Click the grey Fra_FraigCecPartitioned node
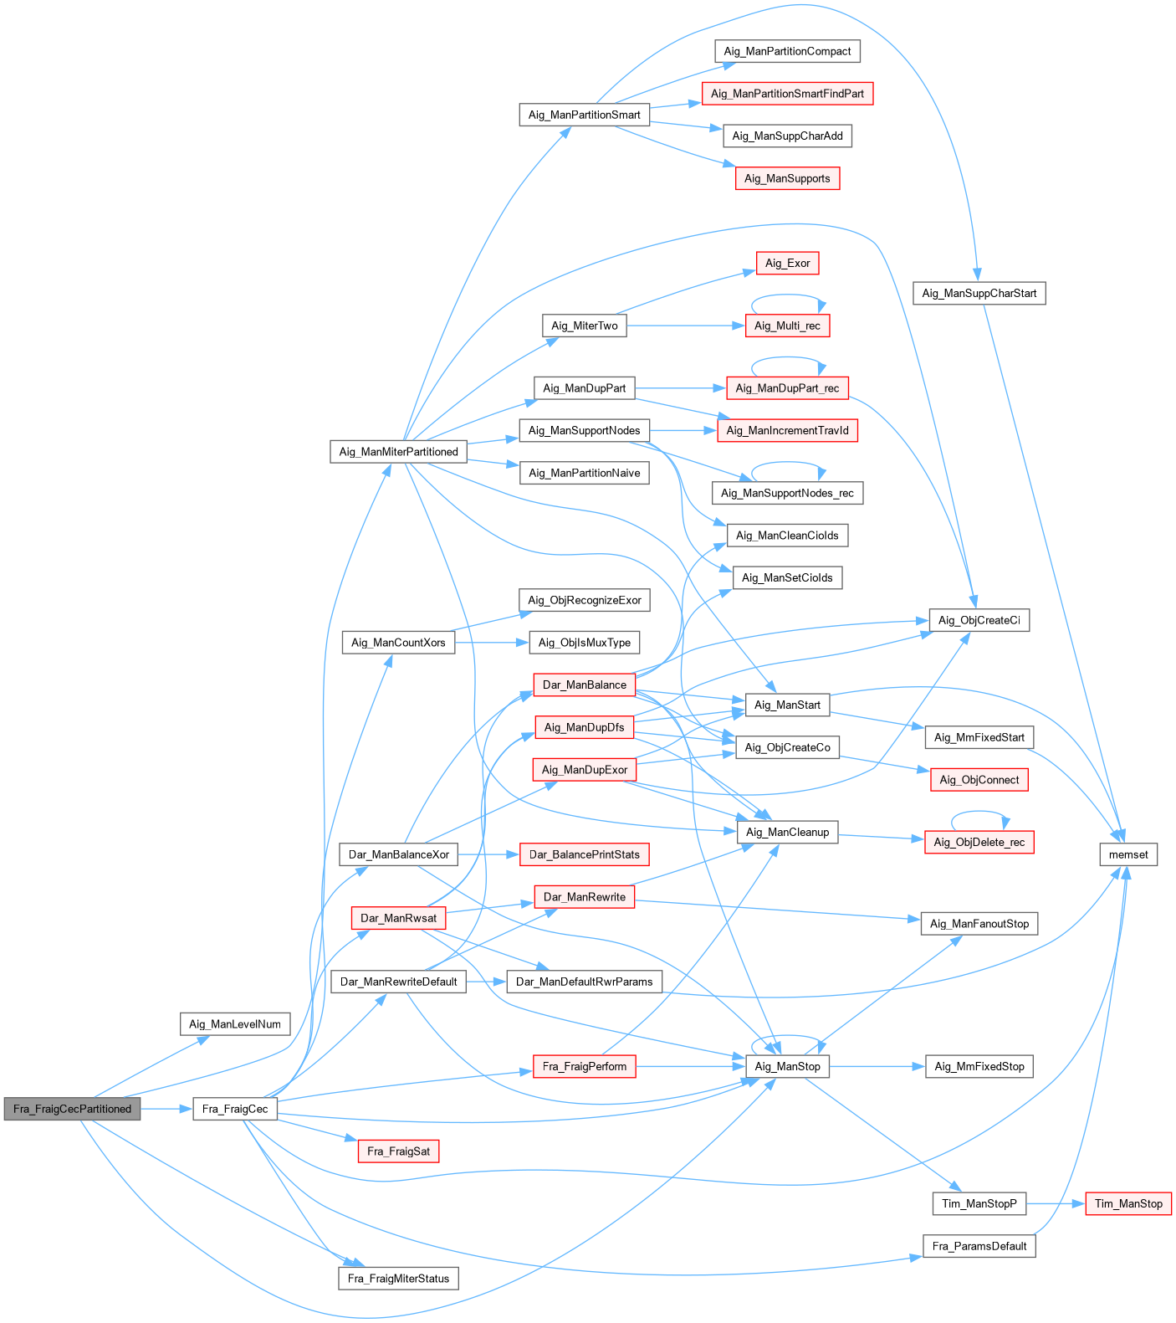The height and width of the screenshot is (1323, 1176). (72, 1109)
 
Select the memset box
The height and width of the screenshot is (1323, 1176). (1128, 854)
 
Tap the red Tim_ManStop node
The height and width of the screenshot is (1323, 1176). (1128, 1203)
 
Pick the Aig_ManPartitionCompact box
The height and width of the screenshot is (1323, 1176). (787, 51)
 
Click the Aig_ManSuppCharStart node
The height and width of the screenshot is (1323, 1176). (979, 293)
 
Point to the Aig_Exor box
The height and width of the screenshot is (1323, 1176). (787, 263)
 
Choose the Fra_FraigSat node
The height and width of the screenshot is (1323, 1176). (398, 1151)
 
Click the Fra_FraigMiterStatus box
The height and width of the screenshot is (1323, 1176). (398, 1278)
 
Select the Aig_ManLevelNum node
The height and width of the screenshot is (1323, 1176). (235, 1023)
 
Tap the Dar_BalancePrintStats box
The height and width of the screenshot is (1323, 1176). (585, 854)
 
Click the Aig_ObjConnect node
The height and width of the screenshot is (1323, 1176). (979, 780)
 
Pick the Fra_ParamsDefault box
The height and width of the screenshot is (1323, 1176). (979, 1246)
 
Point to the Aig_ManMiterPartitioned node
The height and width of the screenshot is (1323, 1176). (398, 451)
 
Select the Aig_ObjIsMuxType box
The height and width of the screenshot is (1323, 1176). (585, 643)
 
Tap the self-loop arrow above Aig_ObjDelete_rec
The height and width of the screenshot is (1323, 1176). (979, 813)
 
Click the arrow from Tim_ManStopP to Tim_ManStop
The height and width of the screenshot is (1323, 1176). (1056, 1203)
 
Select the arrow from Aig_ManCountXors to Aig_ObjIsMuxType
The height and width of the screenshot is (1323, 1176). (492, 643)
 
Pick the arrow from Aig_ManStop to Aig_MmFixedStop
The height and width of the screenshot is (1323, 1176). (877, 1066)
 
